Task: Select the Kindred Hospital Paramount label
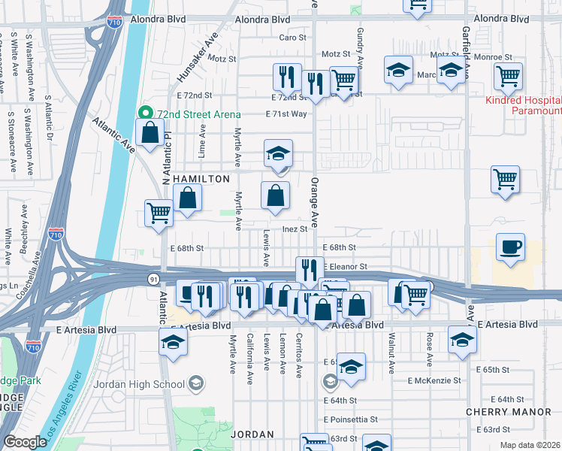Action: (x=523, y=105)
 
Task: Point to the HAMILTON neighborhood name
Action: (x=201, y=179)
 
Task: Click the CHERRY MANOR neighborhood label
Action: (x=498, y=412)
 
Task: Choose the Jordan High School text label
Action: (x=139, y=384)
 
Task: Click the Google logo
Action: (x=25, y=442)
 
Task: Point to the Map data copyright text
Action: (x=530, y=445)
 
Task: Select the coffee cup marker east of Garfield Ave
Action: (x=510, y=248)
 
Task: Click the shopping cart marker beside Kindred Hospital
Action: (x=509, y=76)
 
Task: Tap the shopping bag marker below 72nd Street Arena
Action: (x=150, y=133)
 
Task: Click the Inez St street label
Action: (x=295, y=229)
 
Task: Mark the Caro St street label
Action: (x=293, y=37)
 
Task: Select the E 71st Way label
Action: (x=286, y=114)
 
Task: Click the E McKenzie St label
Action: (x=434, y=381)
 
